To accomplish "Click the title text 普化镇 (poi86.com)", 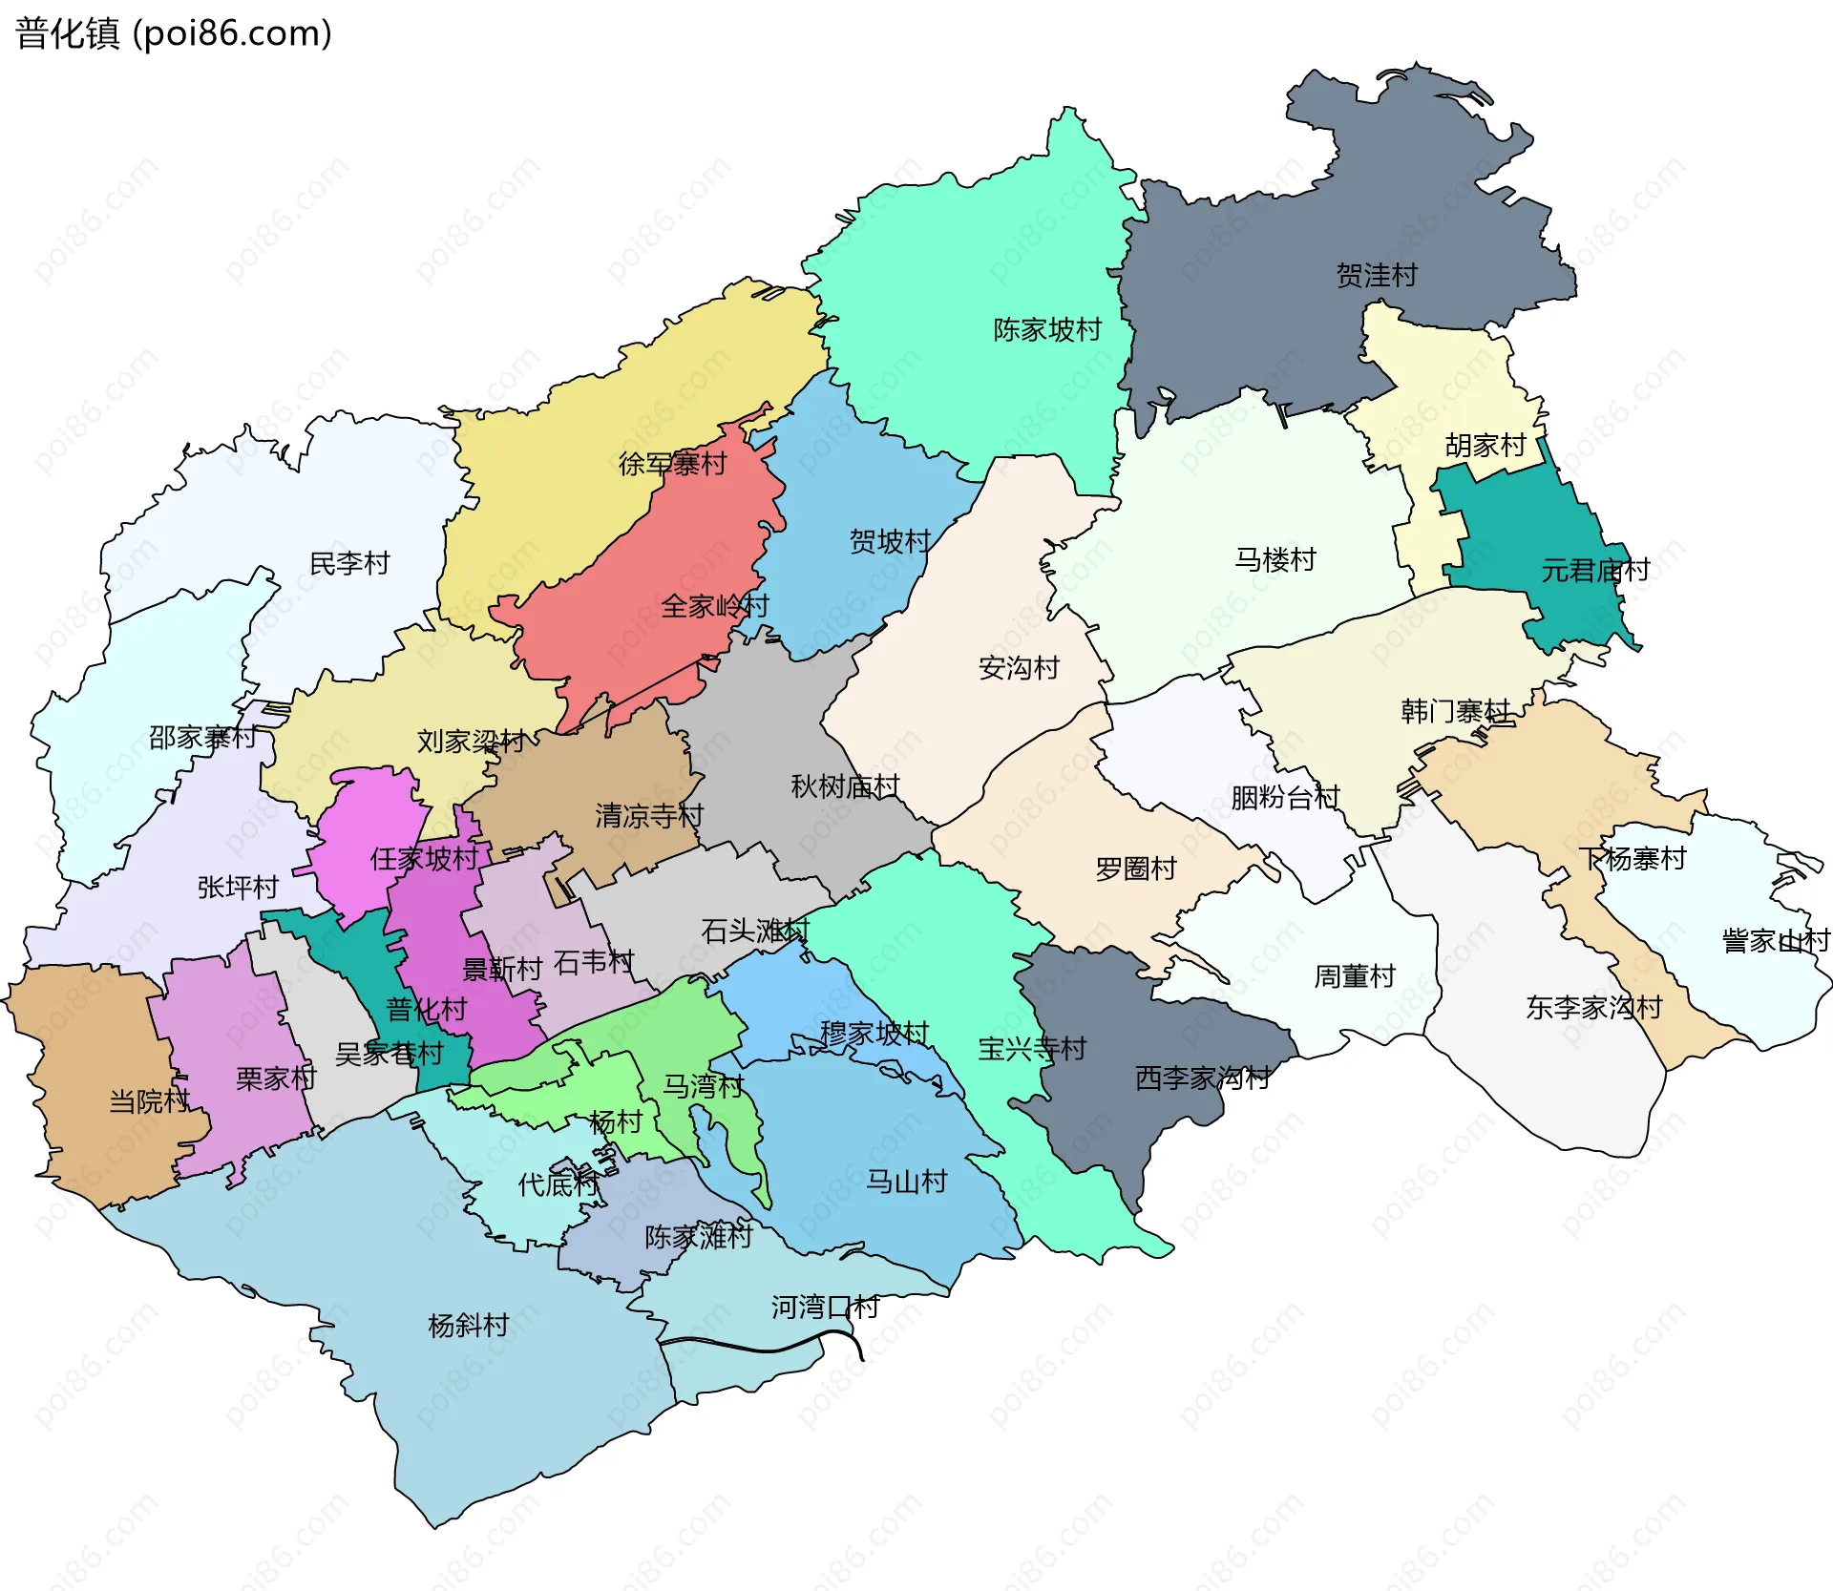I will [x=174, y=34].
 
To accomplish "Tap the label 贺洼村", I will [x=1376, y=276].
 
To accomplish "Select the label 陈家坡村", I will [x=1046, y=330].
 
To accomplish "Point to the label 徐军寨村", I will [x=672, y=465].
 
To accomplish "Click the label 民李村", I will [x=349, y=564].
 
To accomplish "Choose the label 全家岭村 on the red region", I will [x=714, y=606].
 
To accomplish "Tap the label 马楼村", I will [x=1275, y=559].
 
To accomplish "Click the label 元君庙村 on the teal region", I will [x=1594, y=571].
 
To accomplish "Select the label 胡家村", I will [x=1485, y=446].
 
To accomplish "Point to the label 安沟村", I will [x=1019, y=668].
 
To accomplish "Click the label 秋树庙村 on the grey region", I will [x=845, y=786].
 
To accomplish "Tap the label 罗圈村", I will [x=1135, y=869].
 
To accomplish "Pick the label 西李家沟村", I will [x=1202, y=1078].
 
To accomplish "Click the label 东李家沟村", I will [x=1593, y=1008].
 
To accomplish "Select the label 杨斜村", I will [x=468, y=1326].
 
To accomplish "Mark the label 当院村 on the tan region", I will [x=149, y=1102].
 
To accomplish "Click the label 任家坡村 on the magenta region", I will [x=424, y=859].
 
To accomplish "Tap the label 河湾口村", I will [x=825, y=1308].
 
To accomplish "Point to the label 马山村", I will [x=906, y=1183].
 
